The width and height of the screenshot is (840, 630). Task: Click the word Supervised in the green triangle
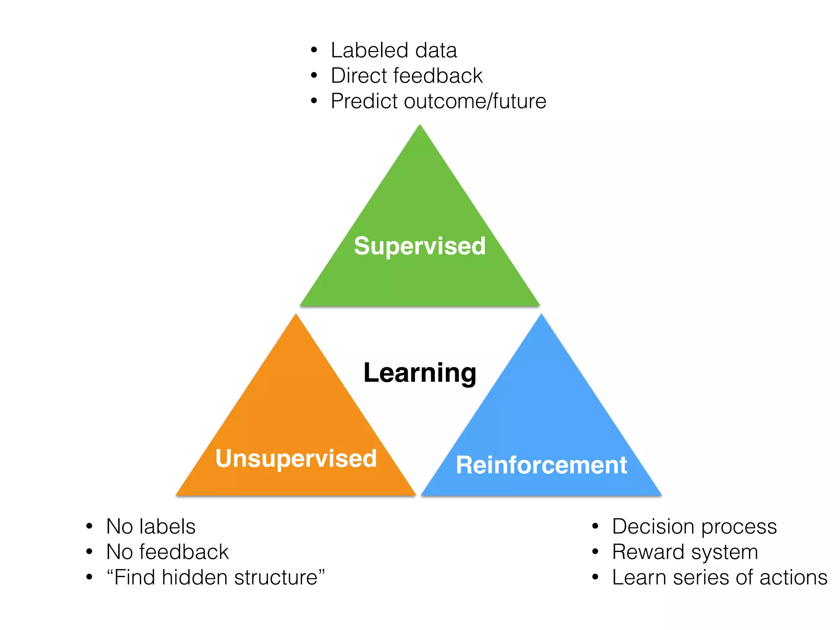click(x=420, y=246)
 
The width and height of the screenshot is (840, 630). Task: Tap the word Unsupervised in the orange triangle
click(x=296, y=458)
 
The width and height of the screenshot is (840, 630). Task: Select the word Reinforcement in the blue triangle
click(x=541, y=465)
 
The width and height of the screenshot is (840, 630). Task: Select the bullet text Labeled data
click(x=394, y=50)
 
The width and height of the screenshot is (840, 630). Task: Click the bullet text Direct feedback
click(x=406, y=76)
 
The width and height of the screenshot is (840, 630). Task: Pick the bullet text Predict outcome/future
click(x=438, y=101)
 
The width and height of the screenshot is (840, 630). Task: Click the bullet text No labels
click(x=151, y=527)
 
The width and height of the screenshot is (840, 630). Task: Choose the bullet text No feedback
click(x=167, y=552)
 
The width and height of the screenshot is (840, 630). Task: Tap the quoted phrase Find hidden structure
click(x=216, y=577)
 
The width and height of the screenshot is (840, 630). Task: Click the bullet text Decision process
click(x=694, y=527)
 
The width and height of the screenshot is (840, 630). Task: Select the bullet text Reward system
click(x=685, y=552)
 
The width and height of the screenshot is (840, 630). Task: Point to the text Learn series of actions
click(x=719, y=577)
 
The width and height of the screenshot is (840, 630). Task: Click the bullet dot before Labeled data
click(x=314, y=50)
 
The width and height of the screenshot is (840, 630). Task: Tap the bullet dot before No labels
click(x=89, y=526)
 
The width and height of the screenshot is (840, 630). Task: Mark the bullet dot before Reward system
click(x=596, y=552)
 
